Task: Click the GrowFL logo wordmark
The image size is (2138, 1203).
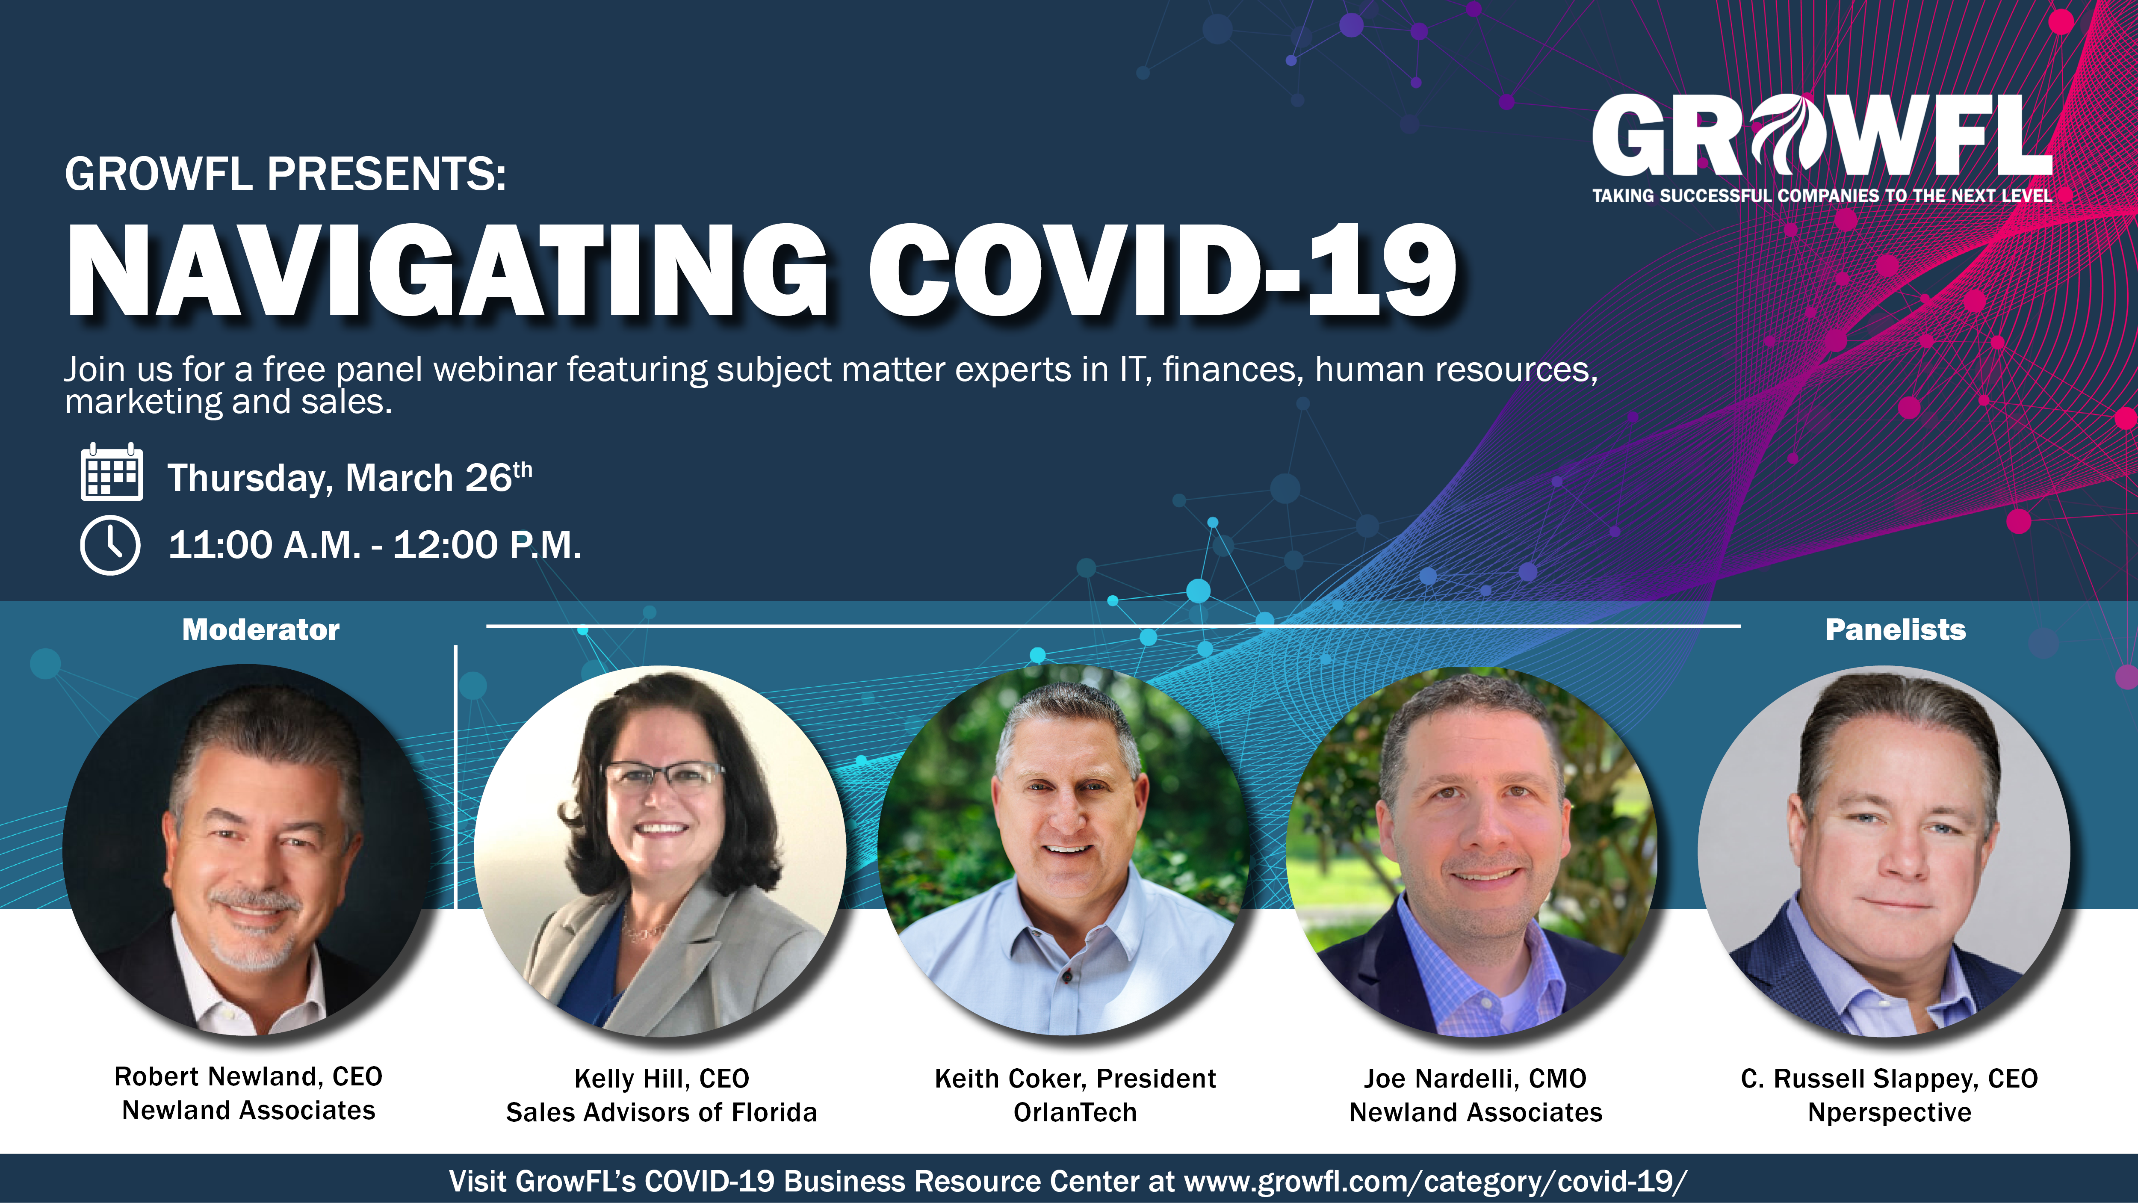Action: [x=1822, y=135]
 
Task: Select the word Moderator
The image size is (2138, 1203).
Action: [x=260, y=630]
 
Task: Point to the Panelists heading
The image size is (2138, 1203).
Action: [x=1896, y=630]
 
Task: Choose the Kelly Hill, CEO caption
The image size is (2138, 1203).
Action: [x=661, y=1079]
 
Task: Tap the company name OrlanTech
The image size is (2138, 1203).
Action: [x=1075, y=1112]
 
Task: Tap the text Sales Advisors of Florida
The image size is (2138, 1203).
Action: [x=661, y=1112]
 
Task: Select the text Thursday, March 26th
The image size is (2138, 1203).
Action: [x=349, y=477]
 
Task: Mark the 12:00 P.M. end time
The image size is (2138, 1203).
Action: [x=487, y=545]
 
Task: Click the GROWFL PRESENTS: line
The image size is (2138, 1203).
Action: [x=286, y=174]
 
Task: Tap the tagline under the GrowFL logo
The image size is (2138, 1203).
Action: [x=1822, y=196]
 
